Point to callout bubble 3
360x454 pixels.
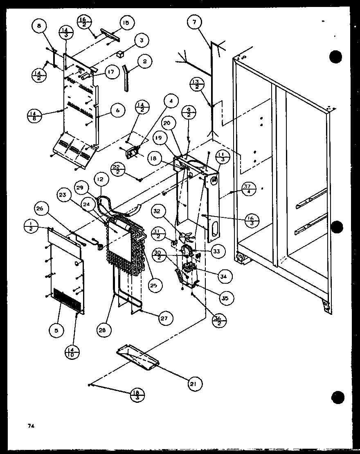pyautogui.click(x=141, y=41)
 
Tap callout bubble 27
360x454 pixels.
pyautogui.click(x=166, y=318)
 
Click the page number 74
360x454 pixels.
pyautogui.click(x=30, y=426)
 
